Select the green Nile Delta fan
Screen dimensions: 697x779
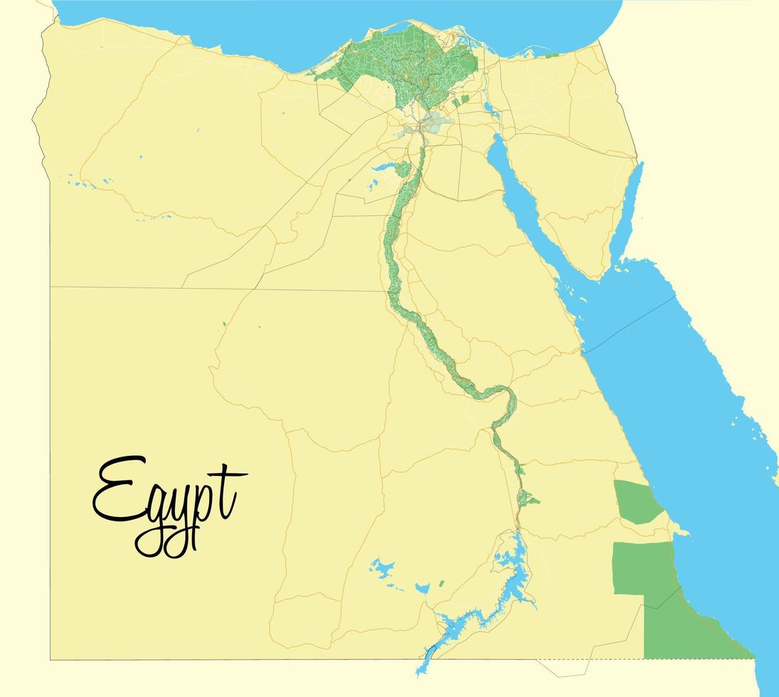pyautogui.click(x=406, y=64)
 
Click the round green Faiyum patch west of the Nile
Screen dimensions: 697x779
pyautogui.click(x=403, y=169)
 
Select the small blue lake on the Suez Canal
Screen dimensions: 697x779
pyautogui.click(x=489, y=108)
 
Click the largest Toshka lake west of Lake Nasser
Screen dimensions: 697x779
pyautogui.click(x=382, y=568)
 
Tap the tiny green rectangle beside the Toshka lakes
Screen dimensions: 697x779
pyautogui.click(x=441, y=584)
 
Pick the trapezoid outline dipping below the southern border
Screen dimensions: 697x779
pyautogui.click(x=566, y=667)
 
